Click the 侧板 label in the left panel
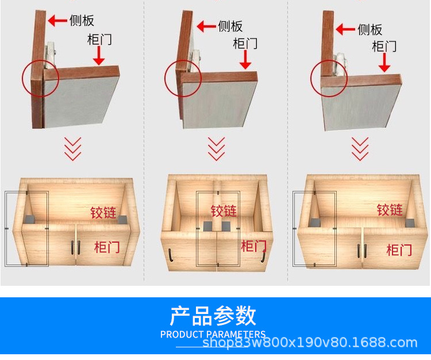tap(82, 20)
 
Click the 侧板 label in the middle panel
tap(230, 26)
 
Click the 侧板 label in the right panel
tap(370, 29)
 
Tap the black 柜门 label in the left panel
tap(99, 40)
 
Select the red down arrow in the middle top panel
tap(245, 59)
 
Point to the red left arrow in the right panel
tap(345, 29)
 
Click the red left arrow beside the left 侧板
tap(57, 21)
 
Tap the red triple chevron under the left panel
tap(72, 149)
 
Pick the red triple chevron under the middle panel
tap(216, 149)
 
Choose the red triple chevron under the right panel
tap(360, 149)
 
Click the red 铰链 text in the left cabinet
tap(103, 213)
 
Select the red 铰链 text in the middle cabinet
tap(224, 211)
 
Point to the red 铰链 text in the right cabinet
tap(390, 210)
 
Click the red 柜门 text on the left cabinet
tap(107, 247)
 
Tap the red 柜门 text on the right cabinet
tap(399, 250)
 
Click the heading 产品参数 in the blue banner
tap(213, 316)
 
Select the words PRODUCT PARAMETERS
tap(213, 335)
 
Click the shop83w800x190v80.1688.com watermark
tap(310, 343)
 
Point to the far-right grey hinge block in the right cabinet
tap(410, 223)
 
